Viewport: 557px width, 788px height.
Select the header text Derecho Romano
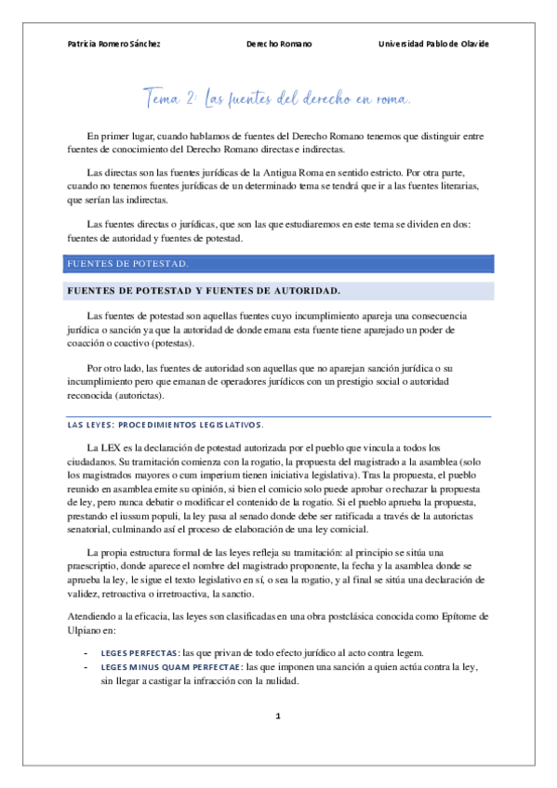279,44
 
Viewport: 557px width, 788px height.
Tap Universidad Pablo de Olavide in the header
433,44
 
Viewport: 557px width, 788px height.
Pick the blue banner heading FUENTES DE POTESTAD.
128,264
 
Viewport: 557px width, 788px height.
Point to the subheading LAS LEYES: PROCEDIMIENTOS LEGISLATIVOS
166,425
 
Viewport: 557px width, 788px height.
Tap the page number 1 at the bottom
278,717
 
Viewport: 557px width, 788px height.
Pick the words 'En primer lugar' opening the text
119,136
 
